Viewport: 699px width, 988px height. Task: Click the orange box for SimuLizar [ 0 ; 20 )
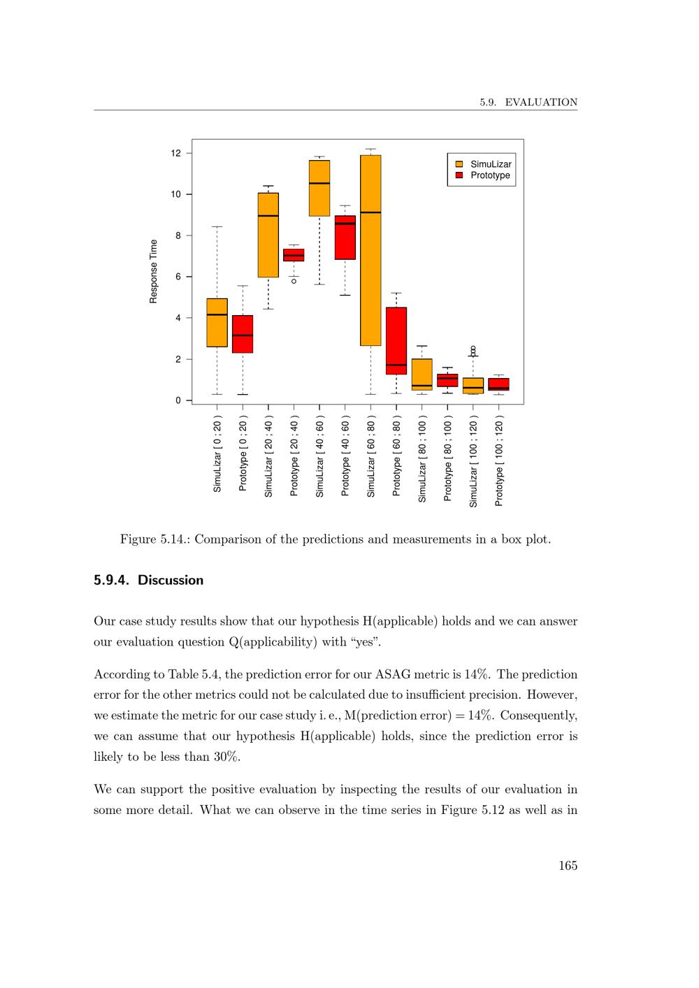pos(217,322)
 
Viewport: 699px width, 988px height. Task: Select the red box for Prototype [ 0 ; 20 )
pos(243,334)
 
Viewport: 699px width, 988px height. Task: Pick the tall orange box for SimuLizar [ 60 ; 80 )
pos(370,250)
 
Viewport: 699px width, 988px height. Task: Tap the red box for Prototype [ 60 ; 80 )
pos(396,340)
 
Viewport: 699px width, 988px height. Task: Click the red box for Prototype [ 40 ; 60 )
pos(345,238)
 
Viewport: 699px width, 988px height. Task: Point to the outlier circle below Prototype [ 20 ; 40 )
pos(294,281)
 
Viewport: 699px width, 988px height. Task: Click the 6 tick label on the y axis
pos(178,277)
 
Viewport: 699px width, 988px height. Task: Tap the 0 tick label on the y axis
pos(178,400)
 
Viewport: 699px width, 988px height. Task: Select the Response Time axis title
pos(154,271)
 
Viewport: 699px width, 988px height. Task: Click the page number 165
pos(568,866)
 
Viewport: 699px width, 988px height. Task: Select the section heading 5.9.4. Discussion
pos(148,580)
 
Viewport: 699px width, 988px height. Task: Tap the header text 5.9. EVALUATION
pos(528,103)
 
